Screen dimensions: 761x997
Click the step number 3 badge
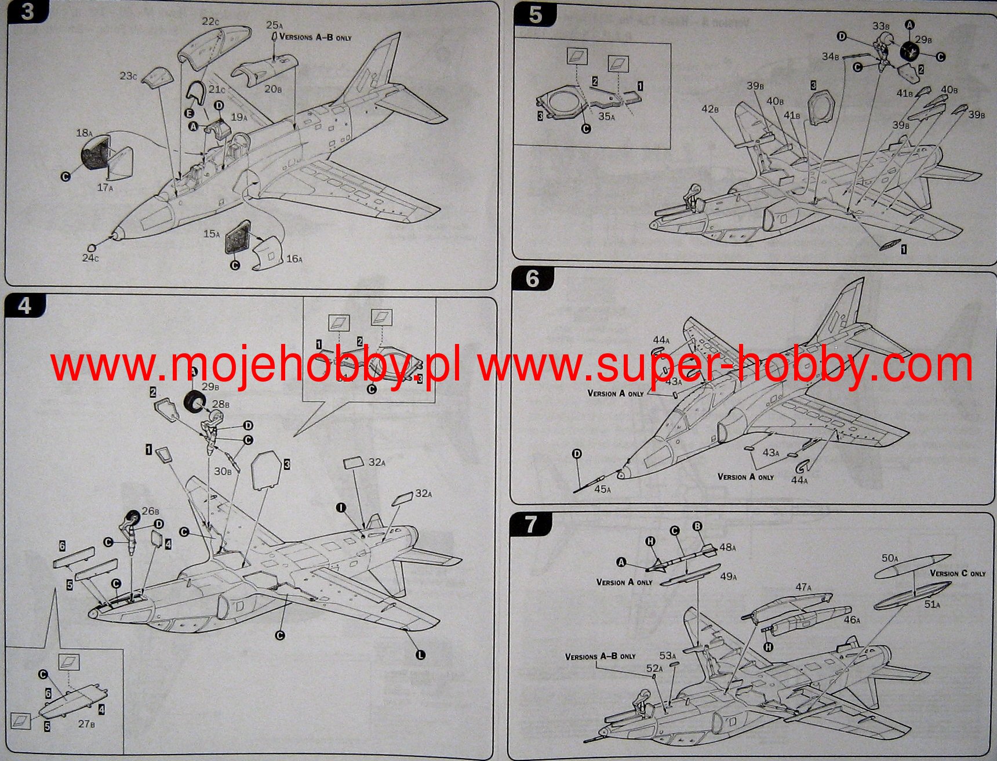(x=27, y=12)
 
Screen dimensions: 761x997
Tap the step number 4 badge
(x=25, y=306)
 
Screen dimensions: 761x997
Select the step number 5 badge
(x=535, y=15)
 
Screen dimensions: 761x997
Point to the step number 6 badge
(x=532, y=280)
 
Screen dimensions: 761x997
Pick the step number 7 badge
(x=530, y=525)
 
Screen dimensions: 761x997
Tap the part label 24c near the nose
(x=90, y=258)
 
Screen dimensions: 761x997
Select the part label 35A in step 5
(x=606, y=117)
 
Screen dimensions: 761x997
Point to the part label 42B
(x=710, y=109)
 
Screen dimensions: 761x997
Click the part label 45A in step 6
(x=602, y=490)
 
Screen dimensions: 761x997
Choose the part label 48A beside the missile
(x=727, y=547)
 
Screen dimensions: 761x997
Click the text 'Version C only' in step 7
(x=958, y=574)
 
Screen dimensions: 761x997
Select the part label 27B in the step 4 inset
(x=86, y=724)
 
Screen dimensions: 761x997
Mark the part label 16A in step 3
(x=294, y=259)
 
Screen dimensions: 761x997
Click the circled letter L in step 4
(x=420, y=654)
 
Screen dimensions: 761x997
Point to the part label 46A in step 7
(x=852, y=620)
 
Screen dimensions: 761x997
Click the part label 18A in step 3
(x=85, y=133)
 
